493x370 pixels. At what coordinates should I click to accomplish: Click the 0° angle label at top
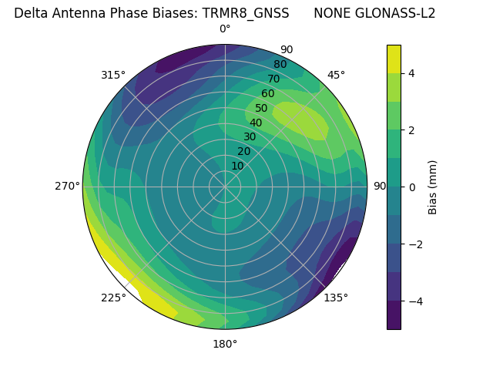click(225, 29)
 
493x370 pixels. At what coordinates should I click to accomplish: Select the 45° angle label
click(336, 75)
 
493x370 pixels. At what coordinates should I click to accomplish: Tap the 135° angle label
click(336, 298)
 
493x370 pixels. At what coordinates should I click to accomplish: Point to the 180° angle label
click(225, 344)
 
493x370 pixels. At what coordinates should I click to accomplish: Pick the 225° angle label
click(113, 298)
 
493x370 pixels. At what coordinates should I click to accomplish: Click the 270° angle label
click(67, 187)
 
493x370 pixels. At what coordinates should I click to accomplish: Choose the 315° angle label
click(113, 75)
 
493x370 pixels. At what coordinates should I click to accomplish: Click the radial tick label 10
click(237, 166)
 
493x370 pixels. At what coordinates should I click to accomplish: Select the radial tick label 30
click(250, 137)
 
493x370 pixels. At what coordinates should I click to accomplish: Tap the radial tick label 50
click(262, 109)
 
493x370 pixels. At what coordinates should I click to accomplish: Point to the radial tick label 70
click(273, 79)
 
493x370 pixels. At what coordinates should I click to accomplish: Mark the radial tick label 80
click(280, 65)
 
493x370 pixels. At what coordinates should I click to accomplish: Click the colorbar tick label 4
click(411, 73)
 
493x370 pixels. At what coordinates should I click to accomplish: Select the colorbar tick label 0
click(411, 187)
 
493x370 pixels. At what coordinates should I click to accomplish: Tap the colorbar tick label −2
click(415, 244)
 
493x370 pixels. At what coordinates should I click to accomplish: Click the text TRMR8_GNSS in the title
click(246, 13)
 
